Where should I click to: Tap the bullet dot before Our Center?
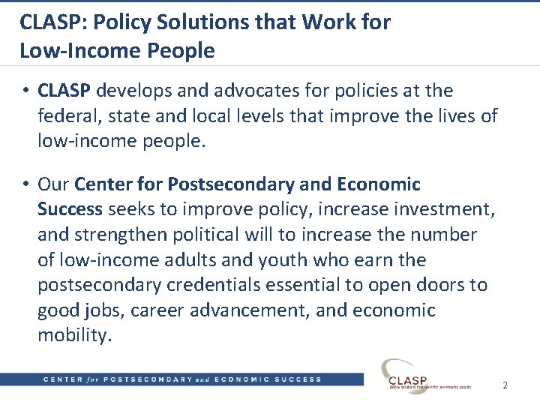pyautogui.click(x=25, y=184)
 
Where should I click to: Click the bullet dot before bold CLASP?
pyautogui.click(x=25, y=91)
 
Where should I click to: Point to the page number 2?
pyautogui.click(x=505, y=385)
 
